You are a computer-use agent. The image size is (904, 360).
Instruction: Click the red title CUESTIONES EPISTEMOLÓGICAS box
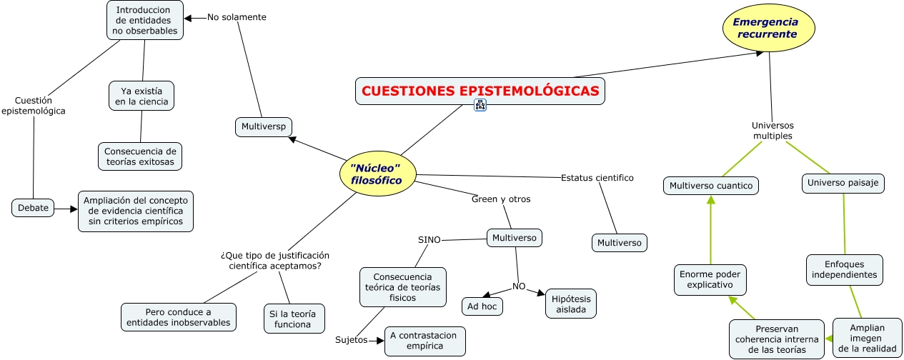[480, 91]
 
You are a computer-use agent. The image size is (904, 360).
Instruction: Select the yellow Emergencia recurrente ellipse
[769, 28]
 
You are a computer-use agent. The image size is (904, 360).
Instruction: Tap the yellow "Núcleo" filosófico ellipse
[377, 175]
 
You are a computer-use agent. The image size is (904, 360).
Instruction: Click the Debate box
[33, 208]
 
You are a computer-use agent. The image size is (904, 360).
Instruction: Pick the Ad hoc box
[482, 306]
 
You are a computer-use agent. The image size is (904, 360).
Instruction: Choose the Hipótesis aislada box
[570, 304]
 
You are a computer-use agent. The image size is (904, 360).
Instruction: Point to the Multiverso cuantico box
[711, 186]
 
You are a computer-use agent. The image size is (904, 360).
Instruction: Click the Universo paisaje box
[843, 184]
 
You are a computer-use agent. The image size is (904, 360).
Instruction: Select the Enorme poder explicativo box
[710, 279]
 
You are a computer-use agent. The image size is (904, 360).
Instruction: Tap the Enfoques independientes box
[844, 269]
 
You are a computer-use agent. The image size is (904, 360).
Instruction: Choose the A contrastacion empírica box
[425, 341]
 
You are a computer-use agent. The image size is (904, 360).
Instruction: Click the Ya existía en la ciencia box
[141, 96]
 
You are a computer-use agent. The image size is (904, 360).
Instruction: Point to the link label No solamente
[237, 17]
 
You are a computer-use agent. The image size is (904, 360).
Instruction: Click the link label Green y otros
[501, 199]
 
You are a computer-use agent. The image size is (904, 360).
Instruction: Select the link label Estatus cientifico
[597, 178]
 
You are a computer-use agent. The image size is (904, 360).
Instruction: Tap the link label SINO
[429, 240]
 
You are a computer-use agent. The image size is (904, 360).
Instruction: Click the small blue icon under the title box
[480, 106]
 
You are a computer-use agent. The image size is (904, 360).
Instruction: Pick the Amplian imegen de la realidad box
[868, 338]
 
